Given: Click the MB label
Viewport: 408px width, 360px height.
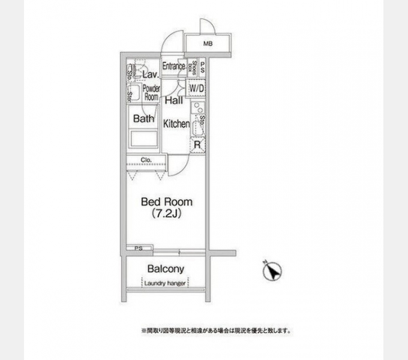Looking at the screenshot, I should coord(208,44).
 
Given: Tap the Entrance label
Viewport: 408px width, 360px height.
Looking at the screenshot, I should coord(173,66).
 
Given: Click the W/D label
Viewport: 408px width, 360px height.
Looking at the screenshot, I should coord(197,89).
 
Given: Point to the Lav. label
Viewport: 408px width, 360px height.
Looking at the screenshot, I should coord(150,74).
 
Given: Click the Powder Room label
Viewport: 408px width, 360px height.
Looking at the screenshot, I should coord(151,93).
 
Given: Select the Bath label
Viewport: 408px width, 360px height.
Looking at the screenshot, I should coord(144,119).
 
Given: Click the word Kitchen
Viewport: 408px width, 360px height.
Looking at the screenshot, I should coord(176,124).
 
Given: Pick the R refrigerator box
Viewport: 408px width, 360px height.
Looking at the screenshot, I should coord(197,145).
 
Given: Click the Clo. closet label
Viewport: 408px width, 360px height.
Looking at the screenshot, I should coord(146,160).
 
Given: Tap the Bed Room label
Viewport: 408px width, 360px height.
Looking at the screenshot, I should coord(167,202).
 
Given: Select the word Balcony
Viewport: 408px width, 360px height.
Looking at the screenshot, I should coord(166,269).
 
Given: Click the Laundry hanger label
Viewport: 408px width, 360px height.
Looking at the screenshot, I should coord(166,283).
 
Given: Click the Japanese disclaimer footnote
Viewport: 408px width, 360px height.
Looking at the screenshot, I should coord(216,331).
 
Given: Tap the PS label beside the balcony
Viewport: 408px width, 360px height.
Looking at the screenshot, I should coord(139,248).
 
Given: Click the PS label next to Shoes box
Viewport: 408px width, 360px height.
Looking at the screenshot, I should coord(202,66).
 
